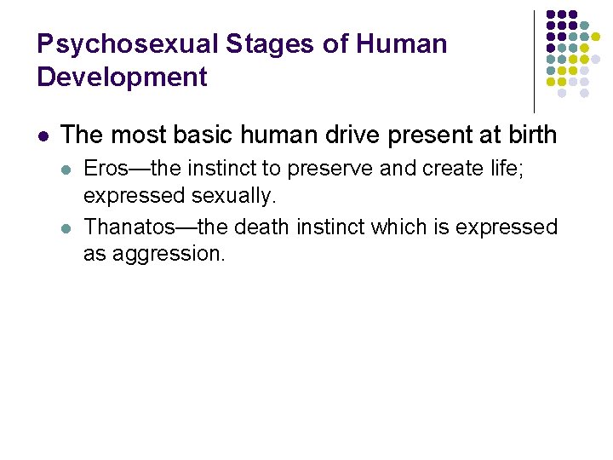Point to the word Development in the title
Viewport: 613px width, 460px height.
point(122,77)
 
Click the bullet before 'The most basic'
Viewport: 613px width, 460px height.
point(43,135)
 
